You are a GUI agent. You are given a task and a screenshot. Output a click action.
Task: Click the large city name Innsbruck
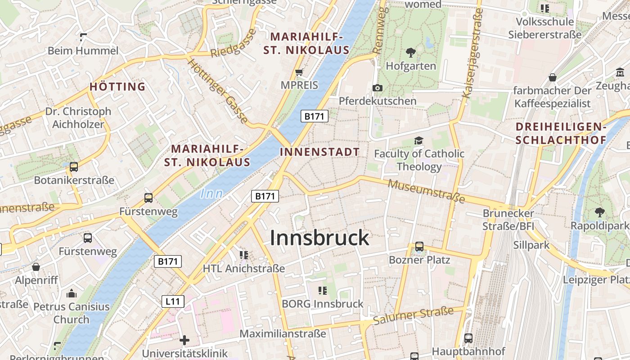[319, 238]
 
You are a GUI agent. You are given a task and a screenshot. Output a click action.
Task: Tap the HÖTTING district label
[117, 86]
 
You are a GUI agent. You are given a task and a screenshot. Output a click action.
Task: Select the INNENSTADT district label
[319, 152]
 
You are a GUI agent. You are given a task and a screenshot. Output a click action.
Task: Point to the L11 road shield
[173, 301]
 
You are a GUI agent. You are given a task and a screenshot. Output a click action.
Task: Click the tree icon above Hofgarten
[410, 53]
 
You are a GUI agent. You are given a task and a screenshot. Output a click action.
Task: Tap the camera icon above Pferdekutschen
[377, 88]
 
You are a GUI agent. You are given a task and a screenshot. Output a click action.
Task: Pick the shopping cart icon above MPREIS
[299, 72]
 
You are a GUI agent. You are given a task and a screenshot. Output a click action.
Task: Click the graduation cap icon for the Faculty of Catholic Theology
[418, 141]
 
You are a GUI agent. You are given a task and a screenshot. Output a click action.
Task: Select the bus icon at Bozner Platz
[419, 247]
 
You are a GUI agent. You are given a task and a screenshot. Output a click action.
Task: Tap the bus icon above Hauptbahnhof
[468, 338]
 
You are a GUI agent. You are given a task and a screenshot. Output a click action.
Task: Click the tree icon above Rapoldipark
[599, 212]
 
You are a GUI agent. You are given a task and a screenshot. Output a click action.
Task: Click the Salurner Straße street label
[414, 315]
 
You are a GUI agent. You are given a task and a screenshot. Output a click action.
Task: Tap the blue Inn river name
[211, 193]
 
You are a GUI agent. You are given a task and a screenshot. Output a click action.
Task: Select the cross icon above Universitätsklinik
[184, 340]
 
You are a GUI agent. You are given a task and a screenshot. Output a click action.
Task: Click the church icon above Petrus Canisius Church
[71, 294]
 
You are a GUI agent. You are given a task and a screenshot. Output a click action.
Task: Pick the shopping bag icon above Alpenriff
[36, 267]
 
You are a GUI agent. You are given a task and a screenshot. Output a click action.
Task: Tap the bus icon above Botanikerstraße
[74, 167]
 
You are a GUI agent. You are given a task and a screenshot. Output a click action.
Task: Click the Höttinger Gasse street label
[217, 91]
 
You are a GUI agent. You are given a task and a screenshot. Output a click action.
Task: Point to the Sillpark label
[531, 245]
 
